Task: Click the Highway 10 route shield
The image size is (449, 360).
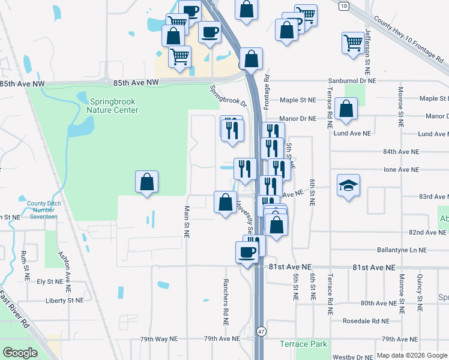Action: (x=343, y=6)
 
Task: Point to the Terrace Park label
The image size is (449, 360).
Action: (x=304, y=344)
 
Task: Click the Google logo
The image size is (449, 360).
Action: (x=20, y=352)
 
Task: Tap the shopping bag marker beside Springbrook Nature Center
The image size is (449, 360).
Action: (x=147, y=182)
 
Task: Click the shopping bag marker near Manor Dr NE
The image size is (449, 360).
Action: (x=346, y=109)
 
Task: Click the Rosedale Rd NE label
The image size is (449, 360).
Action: (x=366, y=321)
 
